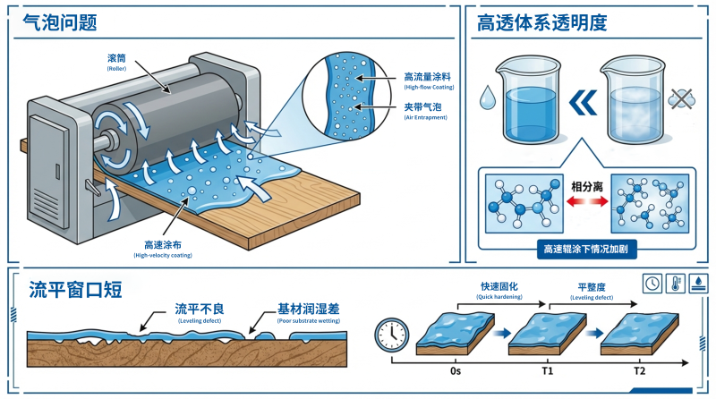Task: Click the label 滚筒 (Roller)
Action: point(117,60)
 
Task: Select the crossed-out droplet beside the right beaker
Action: point(683,96)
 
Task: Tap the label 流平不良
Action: point(199,309)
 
